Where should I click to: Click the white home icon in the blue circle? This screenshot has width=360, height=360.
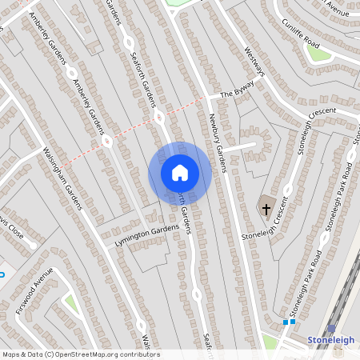pyautogui.click(x=179, y=173)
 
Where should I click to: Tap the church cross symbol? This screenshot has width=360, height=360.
pyautogui.click(x=265, y=209)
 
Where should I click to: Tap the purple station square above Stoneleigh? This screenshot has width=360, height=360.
pyautogui.click(x=331, y=328)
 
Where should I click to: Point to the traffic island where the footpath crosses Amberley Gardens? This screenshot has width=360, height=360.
pyautogui.click(x=106, y=142)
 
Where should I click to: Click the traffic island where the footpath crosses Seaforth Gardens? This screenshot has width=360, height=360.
pyautogui.click(x=159, y=118)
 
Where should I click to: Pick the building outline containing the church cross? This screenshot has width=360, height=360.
pyautogui.click(x=264, y=210)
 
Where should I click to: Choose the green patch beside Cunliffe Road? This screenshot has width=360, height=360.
pyautogui.click(x=318, y=54)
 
